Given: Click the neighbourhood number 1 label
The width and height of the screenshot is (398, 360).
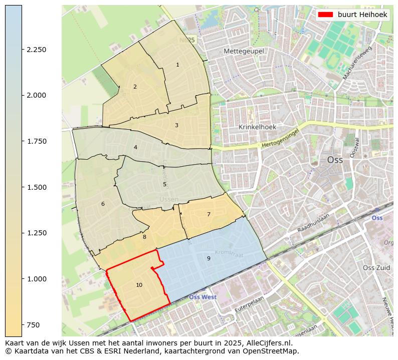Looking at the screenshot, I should [x=177, y=65].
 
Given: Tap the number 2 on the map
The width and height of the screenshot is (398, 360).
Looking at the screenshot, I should [x=135, y=87].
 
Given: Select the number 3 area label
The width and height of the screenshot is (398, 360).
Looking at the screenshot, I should [x=176, y=125].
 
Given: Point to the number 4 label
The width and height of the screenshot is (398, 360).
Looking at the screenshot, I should [x=135, y=147].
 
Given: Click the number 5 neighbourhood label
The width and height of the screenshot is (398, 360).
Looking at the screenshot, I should [x=164, y=184].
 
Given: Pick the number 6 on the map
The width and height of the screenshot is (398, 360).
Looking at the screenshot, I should [x=103, y=204].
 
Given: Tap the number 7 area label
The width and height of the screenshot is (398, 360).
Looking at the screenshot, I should [x=209, y=214].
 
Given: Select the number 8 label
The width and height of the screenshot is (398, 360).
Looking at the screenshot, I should [x=144, y=237].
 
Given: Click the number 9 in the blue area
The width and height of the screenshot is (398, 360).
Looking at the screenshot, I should [x=209, y=258].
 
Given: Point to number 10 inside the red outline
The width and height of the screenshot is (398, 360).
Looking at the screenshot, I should [x=139, y=285].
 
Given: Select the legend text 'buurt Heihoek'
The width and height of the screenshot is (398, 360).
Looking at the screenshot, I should [x=362, y=15].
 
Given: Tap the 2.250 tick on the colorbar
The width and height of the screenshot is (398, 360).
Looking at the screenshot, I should [x=37, y=50].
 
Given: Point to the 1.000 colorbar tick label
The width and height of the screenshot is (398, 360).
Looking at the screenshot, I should [x=37, y=279].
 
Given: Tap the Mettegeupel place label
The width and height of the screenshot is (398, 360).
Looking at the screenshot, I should [x=244, y=51].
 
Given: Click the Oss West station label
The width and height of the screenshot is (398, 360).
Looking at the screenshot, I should [x=203, y=297].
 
